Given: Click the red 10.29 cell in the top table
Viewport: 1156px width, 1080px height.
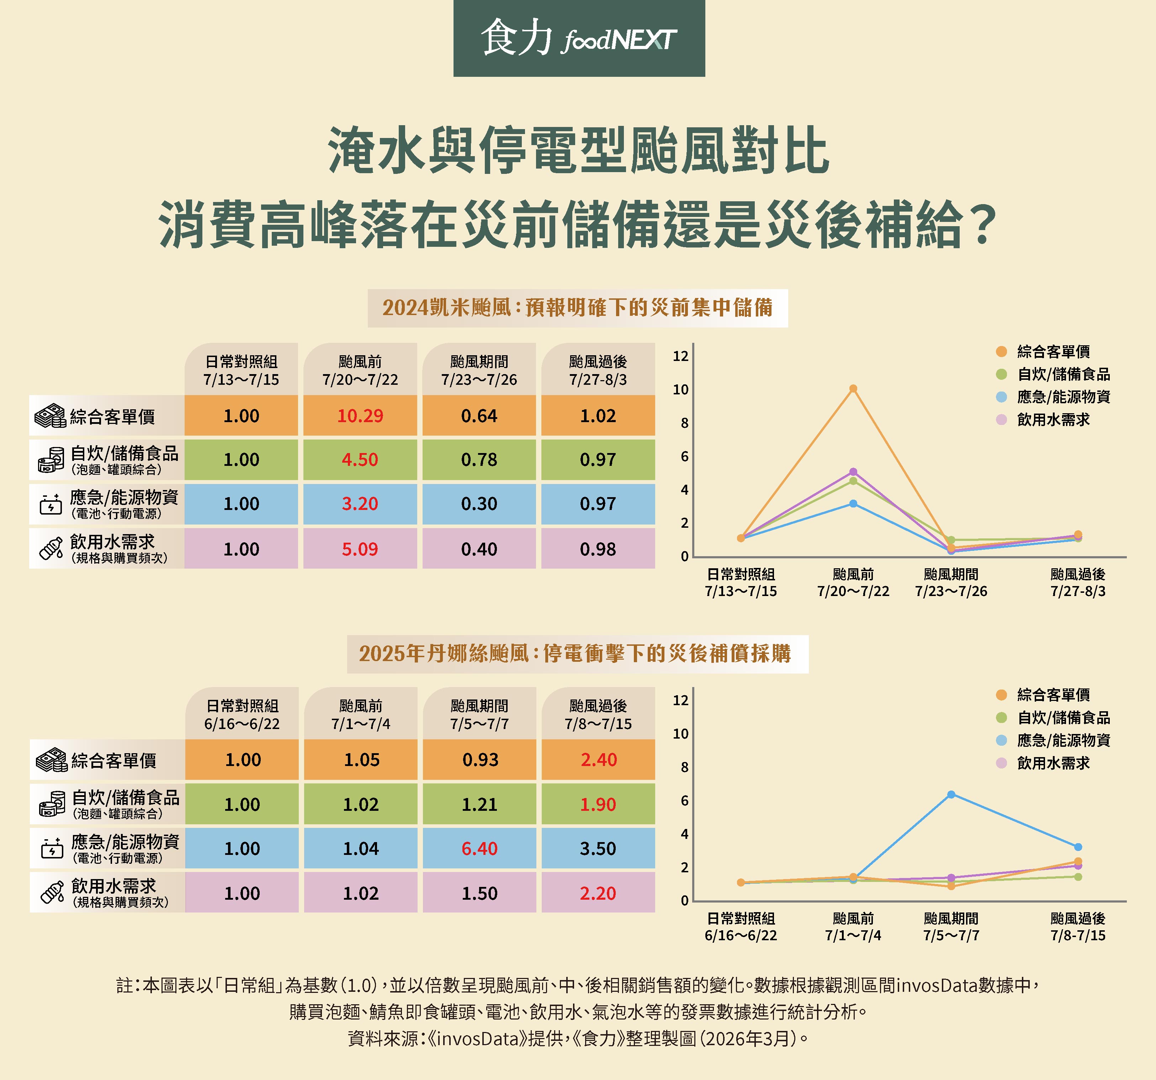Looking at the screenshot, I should point(360,416).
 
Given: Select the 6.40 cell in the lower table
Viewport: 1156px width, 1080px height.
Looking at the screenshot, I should point(479,848).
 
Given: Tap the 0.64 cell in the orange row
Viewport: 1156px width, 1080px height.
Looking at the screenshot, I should point(479,416).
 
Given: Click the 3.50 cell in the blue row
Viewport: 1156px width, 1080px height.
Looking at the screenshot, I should point(598,848).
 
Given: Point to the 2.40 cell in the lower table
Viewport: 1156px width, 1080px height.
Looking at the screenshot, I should point(598,760).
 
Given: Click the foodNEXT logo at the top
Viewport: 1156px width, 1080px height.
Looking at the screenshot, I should point(579,38).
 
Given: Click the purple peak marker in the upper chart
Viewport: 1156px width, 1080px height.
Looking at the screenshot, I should point(853,472).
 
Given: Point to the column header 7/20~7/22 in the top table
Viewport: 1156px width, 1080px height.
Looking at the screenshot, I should point(360,370).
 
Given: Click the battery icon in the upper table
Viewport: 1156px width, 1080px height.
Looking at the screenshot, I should point(51,505).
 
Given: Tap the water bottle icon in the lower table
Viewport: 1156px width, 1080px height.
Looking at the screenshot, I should point(52,892).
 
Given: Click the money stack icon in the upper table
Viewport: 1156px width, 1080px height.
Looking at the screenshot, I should point(50,416).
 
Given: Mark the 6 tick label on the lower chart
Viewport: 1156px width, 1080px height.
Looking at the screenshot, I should point(684,801).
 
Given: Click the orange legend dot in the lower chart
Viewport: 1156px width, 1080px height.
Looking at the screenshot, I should point(1001,695).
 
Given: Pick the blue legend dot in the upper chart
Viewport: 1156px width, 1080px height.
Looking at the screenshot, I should point(1001,397).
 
